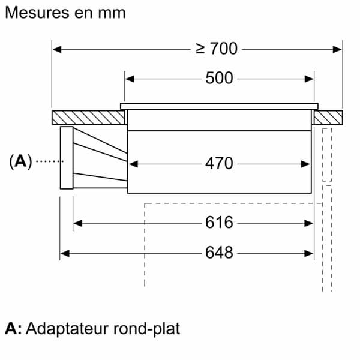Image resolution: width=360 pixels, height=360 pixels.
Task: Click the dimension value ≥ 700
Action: point(218,49)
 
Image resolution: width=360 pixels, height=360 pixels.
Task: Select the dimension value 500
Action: point(219,79)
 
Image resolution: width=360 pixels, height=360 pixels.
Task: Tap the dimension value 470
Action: point(219,163)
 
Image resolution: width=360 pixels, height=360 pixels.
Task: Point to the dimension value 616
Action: point(219,223)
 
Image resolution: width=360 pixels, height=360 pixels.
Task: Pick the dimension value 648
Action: point(219,253)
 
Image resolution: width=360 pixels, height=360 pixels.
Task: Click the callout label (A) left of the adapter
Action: point(20,161)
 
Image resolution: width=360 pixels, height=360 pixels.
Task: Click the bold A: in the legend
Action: point(13,329)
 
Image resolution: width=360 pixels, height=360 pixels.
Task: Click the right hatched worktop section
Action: point(328,118)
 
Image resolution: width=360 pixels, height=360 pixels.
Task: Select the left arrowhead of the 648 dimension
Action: point(65,253)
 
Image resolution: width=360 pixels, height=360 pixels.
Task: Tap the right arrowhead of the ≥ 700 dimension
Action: point(337,49)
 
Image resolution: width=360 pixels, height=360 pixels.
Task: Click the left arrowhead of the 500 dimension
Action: point(129,79)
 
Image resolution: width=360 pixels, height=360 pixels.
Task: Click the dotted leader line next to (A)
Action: point(48,161)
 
